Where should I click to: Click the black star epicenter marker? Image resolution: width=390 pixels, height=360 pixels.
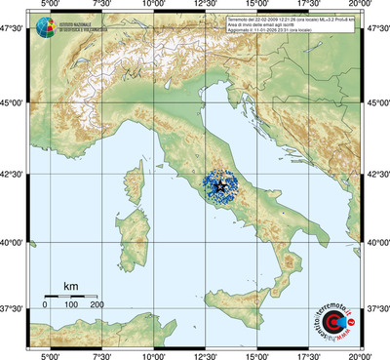pos(221,186)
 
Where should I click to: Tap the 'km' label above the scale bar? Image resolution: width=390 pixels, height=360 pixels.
pos(70,286)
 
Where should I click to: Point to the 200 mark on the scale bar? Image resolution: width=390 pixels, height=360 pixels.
pos(97,304)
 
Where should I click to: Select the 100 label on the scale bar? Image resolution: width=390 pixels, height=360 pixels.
pos(71,304)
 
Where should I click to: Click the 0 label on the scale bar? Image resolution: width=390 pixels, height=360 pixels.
pos(45,304)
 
